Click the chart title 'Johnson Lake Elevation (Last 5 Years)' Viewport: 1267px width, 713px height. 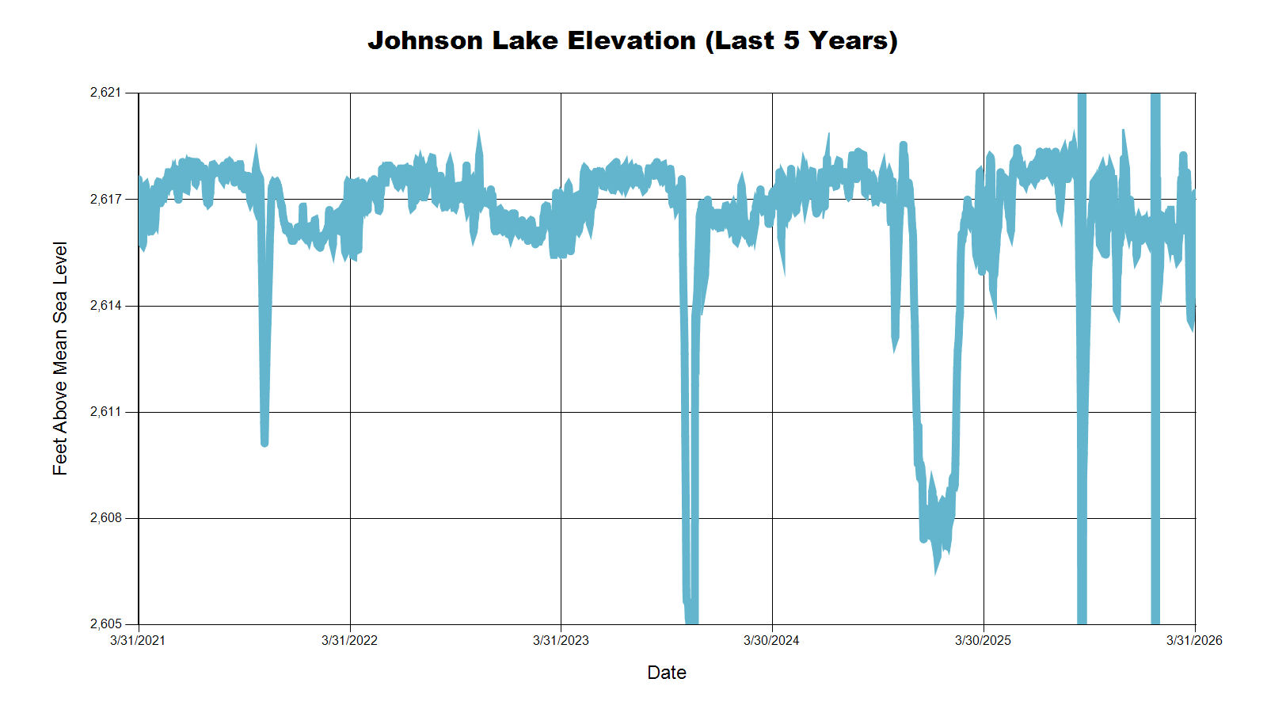(633, 40)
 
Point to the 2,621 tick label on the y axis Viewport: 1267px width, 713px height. (106, 93)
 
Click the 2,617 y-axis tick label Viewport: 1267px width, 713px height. (106, 199)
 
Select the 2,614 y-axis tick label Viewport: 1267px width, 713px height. (106, 305)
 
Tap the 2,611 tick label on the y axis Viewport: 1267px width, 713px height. (106, 412)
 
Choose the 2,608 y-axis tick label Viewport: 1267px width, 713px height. (106, 518)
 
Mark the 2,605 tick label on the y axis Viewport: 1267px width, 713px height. (106, 624)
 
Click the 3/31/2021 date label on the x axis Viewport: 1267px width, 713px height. (138, 640)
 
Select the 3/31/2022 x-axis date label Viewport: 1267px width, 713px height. (349, 640)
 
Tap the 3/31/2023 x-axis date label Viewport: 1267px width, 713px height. (561, 640)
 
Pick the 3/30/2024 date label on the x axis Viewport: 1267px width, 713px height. (771, 640)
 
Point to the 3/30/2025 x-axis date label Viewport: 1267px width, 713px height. (983, 640)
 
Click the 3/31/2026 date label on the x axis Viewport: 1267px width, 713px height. (1194, 640)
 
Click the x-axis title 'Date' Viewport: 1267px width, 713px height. (667, 673)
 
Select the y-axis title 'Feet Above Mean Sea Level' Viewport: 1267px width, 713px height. (60, 358)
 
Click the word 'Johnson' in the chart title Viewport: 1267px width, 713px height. (425, 40)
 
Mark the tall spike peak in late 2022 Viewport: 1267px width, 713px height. (478, 132)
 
